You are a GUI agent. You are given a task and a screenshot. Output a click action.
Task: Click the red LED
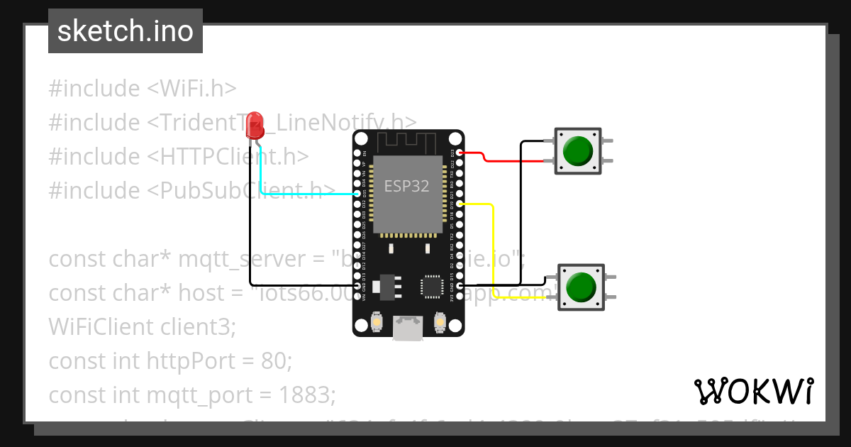click(x=255, y=127)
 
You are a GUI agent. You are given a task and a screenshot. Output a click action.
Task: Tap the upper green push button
click(x=577, y=150)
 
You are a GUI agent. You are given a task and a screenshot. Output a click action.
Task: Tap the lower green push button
click(x=581, y=287)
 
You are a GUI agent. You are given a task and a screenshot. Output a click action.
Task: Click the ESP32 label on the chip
click(x=406, y=187)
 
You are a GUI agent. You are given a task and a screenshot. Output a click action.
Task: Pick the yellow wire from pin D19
click(x=493, y=248)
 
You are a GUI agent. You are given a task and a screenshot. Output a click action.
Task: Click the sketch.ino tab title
click(x=125, y=31)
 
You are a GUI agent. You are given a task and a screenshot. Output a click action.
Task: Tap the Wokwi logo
click(x=752, y=391)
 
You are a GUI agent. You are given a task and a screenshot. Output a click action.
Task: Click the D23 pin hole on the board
click(x=460, y=153)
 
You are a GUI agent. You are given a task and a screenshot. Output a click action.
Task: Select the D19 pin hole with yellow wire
click(x=460, y=204)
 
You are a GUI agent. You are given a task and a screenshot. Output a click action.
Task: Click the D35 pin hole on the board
click(x=357, y=193)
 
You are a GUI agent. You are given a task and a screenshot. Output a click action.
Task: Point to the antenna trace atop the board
click(x=408, y=141)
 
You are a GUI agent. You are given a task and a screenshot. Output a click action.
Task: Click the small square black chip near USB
click(x=431, y=286)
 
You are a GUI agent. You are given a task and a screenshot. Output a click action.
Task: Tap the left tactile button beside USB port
click(x=377, y=324)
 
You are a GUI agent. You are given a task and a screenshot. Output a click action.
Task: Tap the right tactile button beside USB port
click(x=440, y=324)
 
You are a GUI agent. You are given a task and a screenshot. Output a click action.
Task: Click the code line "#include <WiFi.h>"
click(x=142, y=89)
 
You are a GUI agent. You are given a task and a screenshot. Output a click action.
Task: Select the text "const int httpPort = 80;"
click(x=170, y=361)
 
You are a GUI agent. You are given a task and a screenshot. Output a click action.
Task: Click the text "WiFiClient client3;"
click(x=141, y=327)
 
